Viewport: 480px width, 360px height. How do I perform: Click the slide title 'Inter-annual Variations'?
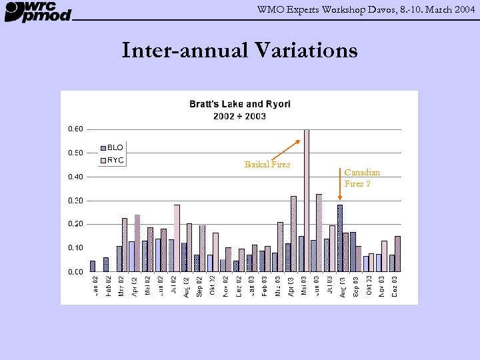pos(239,50)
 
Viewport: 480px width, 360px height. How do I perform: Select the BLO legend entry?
pos(111,148)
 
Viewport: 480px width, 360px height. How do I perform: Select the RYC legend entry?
pos(111,160)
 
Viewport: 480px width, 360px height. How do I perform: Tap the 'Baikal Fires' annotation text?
pos(267,164)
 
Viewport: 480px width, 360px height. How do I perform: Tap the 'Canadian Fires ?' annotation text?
pos(362,178)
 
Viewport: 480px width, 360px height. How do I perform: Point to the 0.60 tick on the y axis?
pos(75,129)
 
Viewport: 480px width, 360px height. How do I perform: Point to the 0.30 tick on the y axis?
pos(75,201)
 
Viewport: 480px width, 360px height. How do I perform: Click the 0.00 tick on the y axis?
pos(75,272)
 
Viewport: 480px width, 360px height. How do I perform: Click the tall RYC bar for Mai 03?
pos(307,200)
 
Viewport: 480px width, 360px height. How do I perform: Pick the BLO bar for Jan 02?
pos(93,266)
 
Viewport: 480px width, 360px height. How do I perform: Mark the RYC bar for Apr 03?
pos(293,233)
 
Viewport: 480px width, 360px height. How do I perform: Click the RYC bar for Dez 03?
pos(397,254)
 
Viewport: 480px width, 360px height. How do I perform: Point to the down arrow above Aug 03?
pos(340,193)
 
